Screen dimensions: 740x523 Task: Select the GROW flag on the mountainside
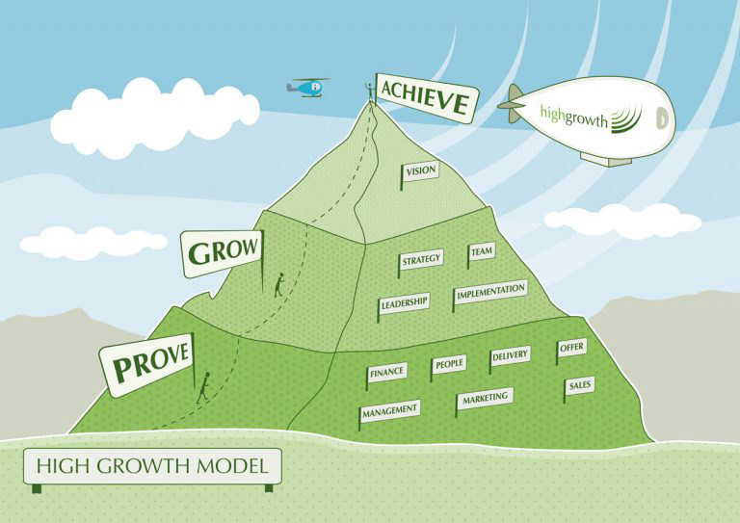click(x=225, y=252)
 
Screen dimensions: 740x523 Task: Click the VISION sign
click(x=421, y=171)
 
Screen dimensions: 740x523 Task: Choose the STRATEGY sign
click(x=421, y=259)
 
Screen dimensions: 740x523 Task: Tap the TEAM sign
click(x=481, y=253)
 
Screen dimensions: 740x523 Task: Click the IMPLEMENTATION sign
click(x=490, y=291)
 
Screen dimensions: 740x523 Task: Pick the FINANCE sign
click(x=386, y=371)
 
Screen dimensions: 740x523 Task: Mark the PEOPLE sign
click(x=449, y=364)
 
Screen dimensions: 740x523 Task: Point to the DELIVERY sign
click(x=510, y=356)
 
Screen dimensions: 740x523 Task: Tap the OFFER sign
click(x=571, y=348)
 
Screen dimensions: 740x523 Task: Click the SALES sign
click(x=580, y=385)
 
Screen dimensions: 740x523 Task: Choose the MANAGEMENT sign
click(x=390, y=410)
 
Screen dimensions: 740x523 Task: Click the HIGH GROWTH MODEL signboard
click(x=152, y=467)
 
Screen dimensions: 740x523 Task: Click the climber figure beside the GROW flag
click(x=278, y=285)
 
